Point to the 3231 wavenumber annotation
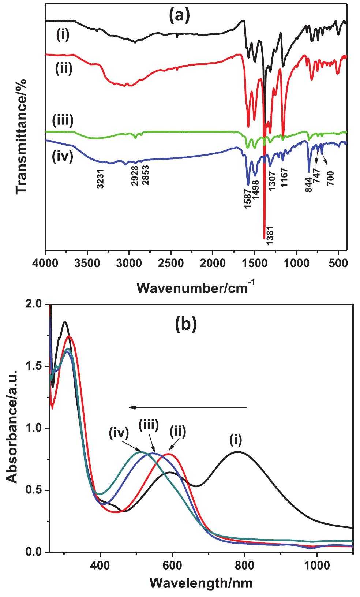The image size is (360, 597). click(x=100, y=179)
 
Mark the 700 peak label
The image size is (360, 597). click(x=330, y=178)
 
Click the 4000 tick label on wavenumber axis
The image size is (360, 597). click(x=46, y=263)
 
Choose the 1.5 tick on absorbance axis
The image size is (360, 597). click(x=35, y=366)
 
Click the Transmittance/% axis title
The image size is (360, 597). click(x=22, y=137)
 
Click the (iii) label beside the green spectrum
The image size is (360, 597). click(x=63, y=120)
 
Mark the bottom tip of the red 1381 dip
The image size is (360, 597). click(x=264, y=239)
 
